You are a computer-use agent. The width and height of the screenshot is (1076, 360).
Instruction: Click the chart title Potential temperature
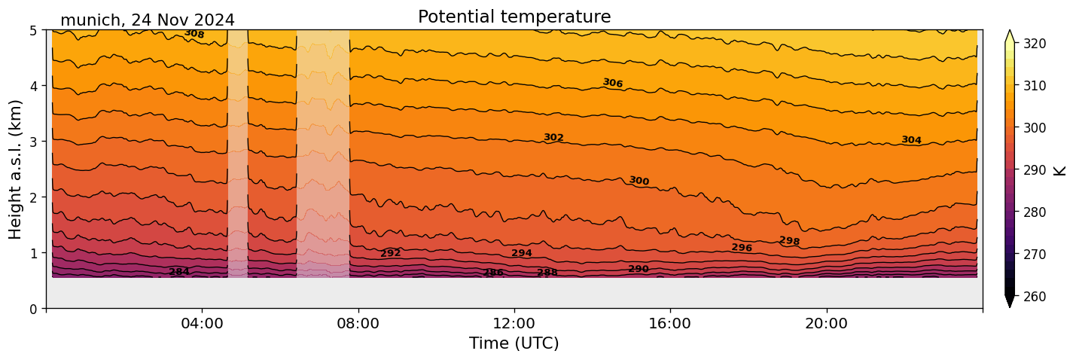514,17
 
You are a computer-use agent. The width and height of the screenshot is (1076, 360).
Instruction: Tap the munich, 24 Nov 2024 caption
147,20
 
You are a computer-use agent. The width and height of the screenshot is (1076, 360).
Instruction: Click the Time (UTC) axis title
514,343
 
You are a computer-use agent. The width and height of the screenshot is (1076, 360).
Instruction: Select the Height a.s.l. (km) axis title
16,169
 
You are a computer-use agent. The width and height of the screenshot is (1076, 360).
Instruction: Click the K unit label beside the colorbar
1060,170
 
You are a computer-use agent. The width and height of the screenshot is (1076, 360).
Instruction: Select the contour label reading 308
194,34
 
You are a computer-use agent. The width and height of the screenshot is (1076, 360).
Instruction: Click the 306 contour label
613,83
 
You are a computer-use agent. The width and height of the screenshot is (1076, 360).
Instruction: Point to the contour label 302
553,138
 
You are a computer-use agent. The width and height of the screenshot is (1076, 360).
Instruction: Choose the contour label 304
911,140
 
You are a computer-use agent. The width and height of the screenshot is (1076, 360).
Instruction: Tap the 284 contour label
179,272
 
